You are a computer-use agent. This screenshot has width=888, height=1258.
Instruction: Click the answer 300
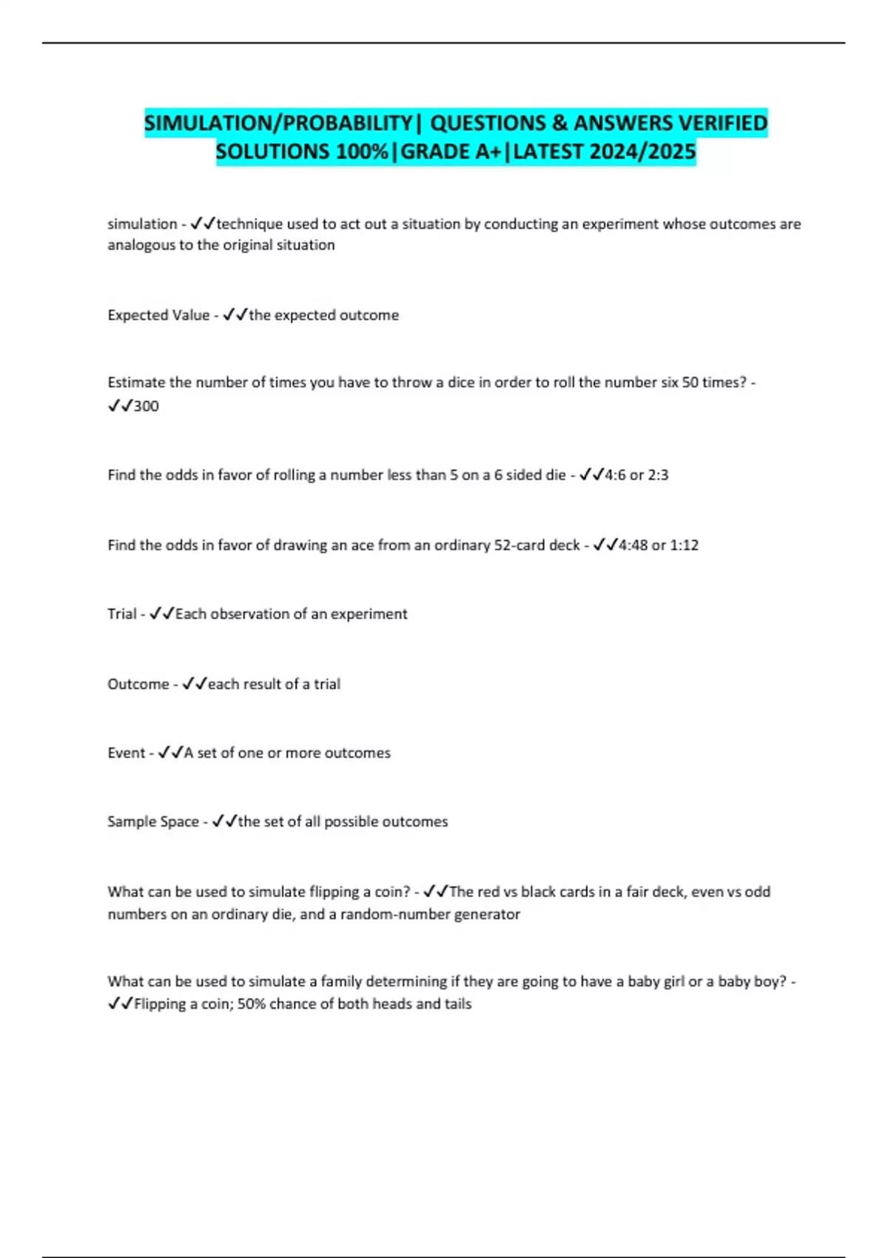coord(146,406)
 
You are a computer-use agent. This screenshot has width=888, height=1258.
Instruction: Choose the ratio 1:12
coord(684,545)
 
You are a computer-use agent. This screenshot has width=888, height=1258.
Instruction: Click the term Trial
coord(122,614)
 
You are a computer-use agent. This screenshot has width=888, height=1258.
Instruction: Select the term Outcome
coord(138,684)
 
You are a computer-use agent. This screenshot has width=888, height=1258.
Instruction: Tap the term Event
coord(127,753)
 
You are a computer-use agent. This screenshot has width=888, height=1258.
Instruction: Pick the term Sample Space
coord(153,822)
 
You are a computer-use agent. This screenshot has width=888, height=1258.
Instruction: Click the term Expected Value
coord(158,315)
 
